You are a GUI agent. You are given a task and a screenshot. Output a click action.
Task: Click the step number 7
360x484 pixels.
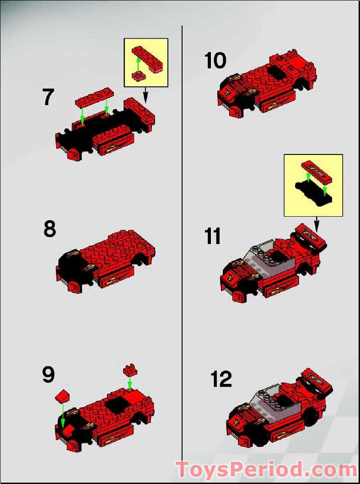click(x=48, y=97)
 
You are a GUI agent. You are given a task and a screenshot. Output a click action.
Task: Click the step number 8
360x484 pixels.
click(x=50, y=229)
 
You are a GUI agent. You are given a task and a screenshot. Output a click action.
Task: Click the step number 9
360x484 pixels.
click(x=48, y=375)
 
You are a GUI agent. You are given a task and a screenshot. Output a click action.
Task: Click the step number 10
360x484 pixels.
click(x=215, y=61)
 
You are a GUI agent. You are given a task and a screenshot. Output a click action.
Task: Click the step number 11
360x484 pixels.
click(x=213, y=237)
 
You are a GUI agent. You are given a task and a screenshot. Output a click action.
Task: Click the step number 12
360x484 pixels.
click(x=221, y=379)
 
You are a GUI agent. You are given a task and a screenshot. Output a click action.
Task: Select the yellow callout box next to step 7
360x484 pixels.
click(x=146, y=63)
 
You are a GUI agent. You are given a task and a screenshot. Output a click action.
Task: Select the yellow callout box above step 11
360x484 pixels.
click(x=313, y=185)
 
